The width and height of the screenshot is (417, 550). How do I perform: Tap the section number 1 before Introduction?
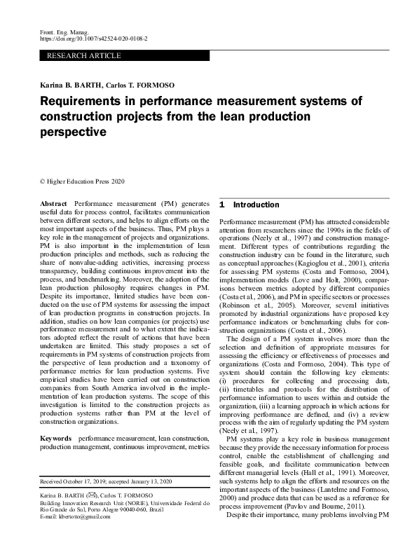coord(221,205)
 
